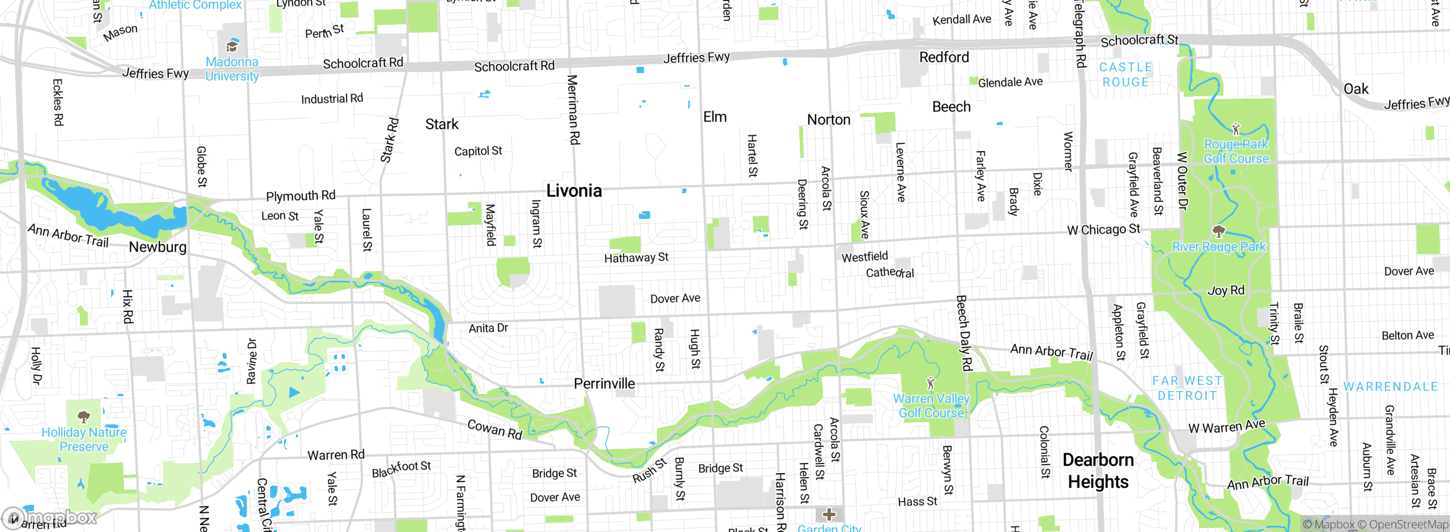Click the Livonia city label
574,191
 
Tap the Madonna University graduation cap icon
232,46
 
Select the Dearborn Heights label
1098,471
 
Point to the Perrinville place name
604,384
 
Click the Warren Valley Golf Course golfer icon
930,383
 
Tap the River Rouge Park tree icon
1218,231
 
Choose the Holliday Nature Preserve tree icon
84,417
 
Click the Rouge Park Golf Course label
1236,152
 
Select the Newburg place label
157,247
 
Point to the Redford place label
944,57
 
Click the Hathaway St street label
636,258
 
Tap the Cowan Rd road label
494,430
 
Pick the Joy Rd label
1226,291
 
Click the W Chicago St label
1103,230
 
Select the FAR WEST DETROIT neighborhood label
1187,388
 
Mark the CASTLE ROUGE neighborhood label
1125,75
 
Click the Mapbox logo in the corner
49,517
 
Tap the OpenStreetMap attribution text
1408,525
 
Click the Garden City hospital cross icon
829,514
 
